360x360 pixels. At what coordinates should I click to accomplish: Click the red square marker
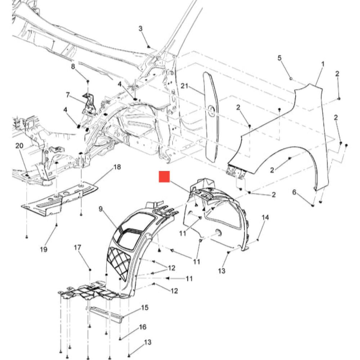165,176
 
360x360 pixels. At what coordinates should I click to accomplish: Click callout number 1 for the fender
323,64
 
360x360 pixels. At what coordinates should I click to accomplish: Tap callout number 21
184,86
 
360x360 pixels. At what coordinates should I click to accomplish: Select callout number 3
140,29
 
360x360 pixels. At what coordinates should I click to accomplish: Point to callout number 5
279,58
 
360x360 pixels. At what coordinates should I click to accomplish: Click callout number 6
294,192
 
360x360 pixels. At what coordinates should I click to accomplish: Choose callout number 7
68,95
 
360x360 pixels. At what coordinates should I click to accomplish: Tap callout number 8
73,67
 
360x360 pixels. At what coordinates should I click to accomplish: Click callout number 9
100,209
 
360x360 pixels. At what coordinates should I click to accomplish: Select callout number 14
265,217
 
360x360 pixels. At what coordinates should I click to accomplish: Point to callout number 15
145,307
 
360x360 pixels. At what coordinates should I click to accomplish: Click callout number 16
143,327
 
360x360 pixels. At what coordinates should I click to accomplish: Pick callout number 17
77,248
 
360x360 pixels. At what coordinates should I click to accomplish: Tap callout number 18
117,167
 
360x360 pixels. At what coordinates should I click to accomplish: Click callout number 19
44,249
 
